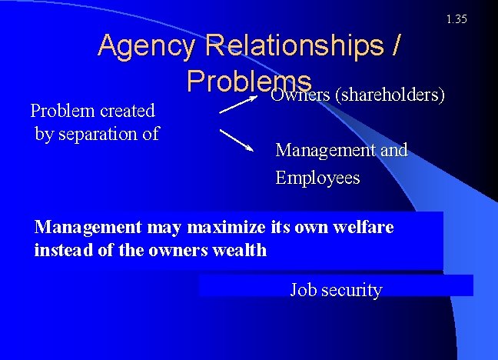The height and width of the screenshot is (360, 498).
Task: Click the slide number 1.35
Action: tap(456, 19)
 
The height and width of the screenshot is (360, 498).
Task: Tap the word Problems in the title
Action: tap(248, 80)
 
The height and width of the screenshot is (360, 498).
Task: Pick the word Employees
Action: tap(317, 178)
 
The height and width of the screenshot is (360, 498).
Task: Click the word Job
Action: tap(302, 290)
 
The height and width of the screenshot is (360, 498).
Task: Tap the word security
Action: tap(350, 290)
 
